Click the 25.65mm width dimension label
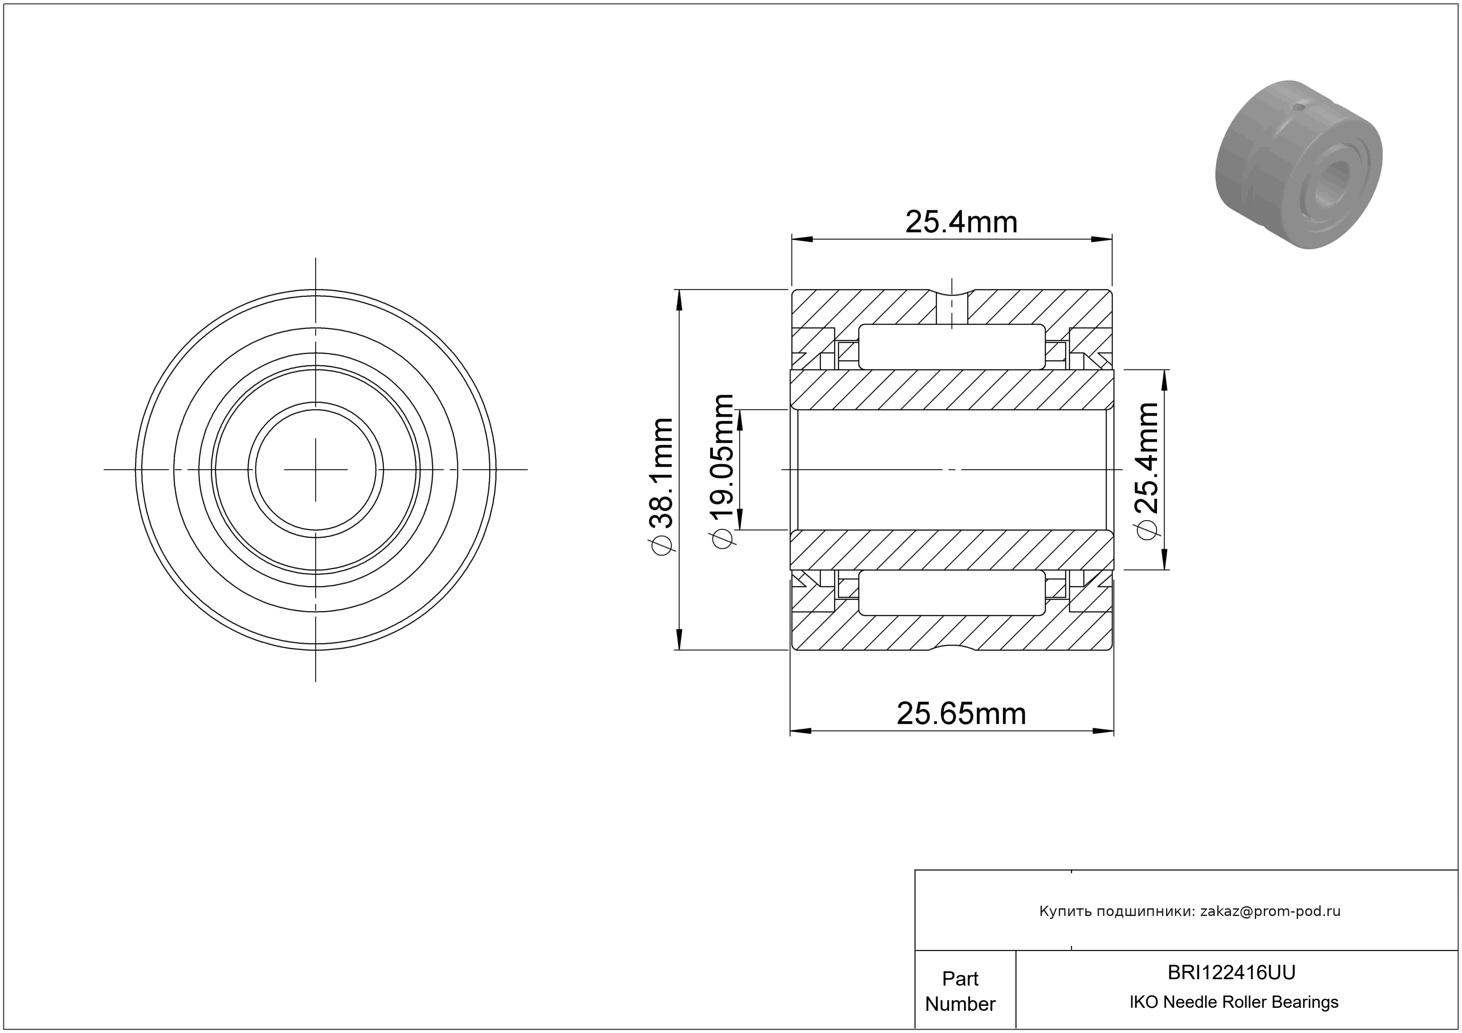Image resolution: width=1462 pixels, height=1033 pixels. point(961,714)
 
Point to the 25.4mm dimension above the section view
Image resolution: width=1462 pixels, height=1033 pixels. point(961,222)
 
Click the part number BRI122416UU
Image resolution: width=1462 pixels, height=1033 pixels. point(1231,972)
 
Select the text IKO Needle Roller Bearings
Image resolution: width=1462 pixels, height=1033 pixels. point(1234,1002)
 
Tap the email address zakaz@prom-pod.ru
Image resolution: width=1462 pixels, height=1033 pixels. point(1270,911)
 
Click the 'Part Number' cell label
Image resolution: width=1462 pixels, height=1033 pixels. point(960,991)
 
